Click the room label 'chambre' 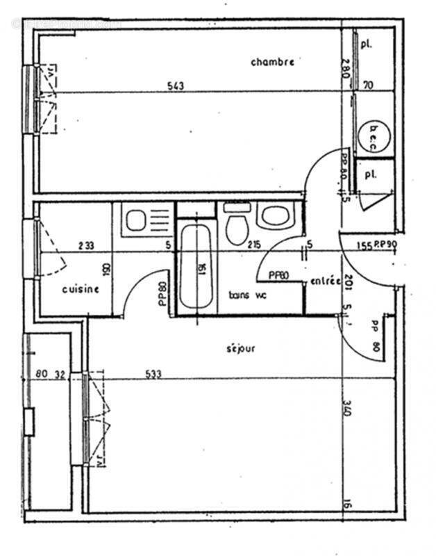click(272, 62)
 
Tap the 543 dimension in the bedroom click(176, 86)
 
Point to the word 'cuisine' click(81, 289)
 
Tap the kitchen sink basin click(135, 220)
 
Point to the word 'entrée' click(326, 281)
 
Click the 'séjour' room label click(240, 348)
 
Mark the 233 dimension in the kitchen click(87, 245)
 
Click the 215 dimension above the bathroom click(253, 245)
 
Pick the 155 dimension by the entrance click(362, 245)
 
